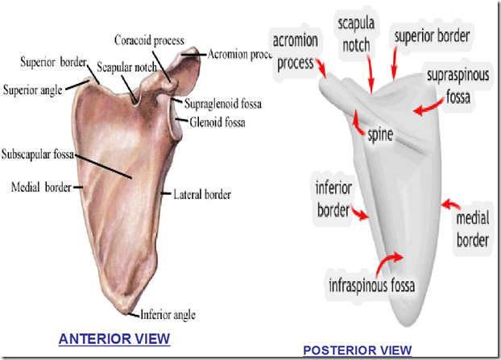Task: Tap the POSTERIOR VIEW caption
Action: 357,350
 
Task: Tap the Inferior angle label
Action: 168,315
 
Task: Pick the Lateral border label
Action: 202,194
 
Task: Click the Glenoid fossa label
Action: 217,122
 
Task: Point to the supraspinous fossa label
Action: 462,89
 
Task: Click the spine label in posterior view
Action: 379,135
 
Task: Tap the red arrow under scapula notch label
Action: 371,77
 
